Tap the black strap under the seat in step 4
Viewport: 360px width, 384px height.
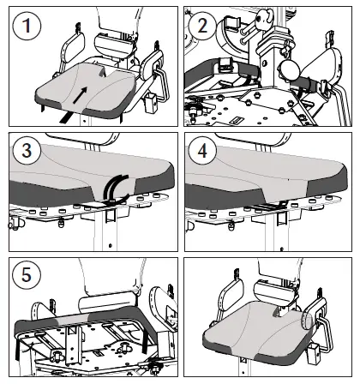[267, 206]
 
